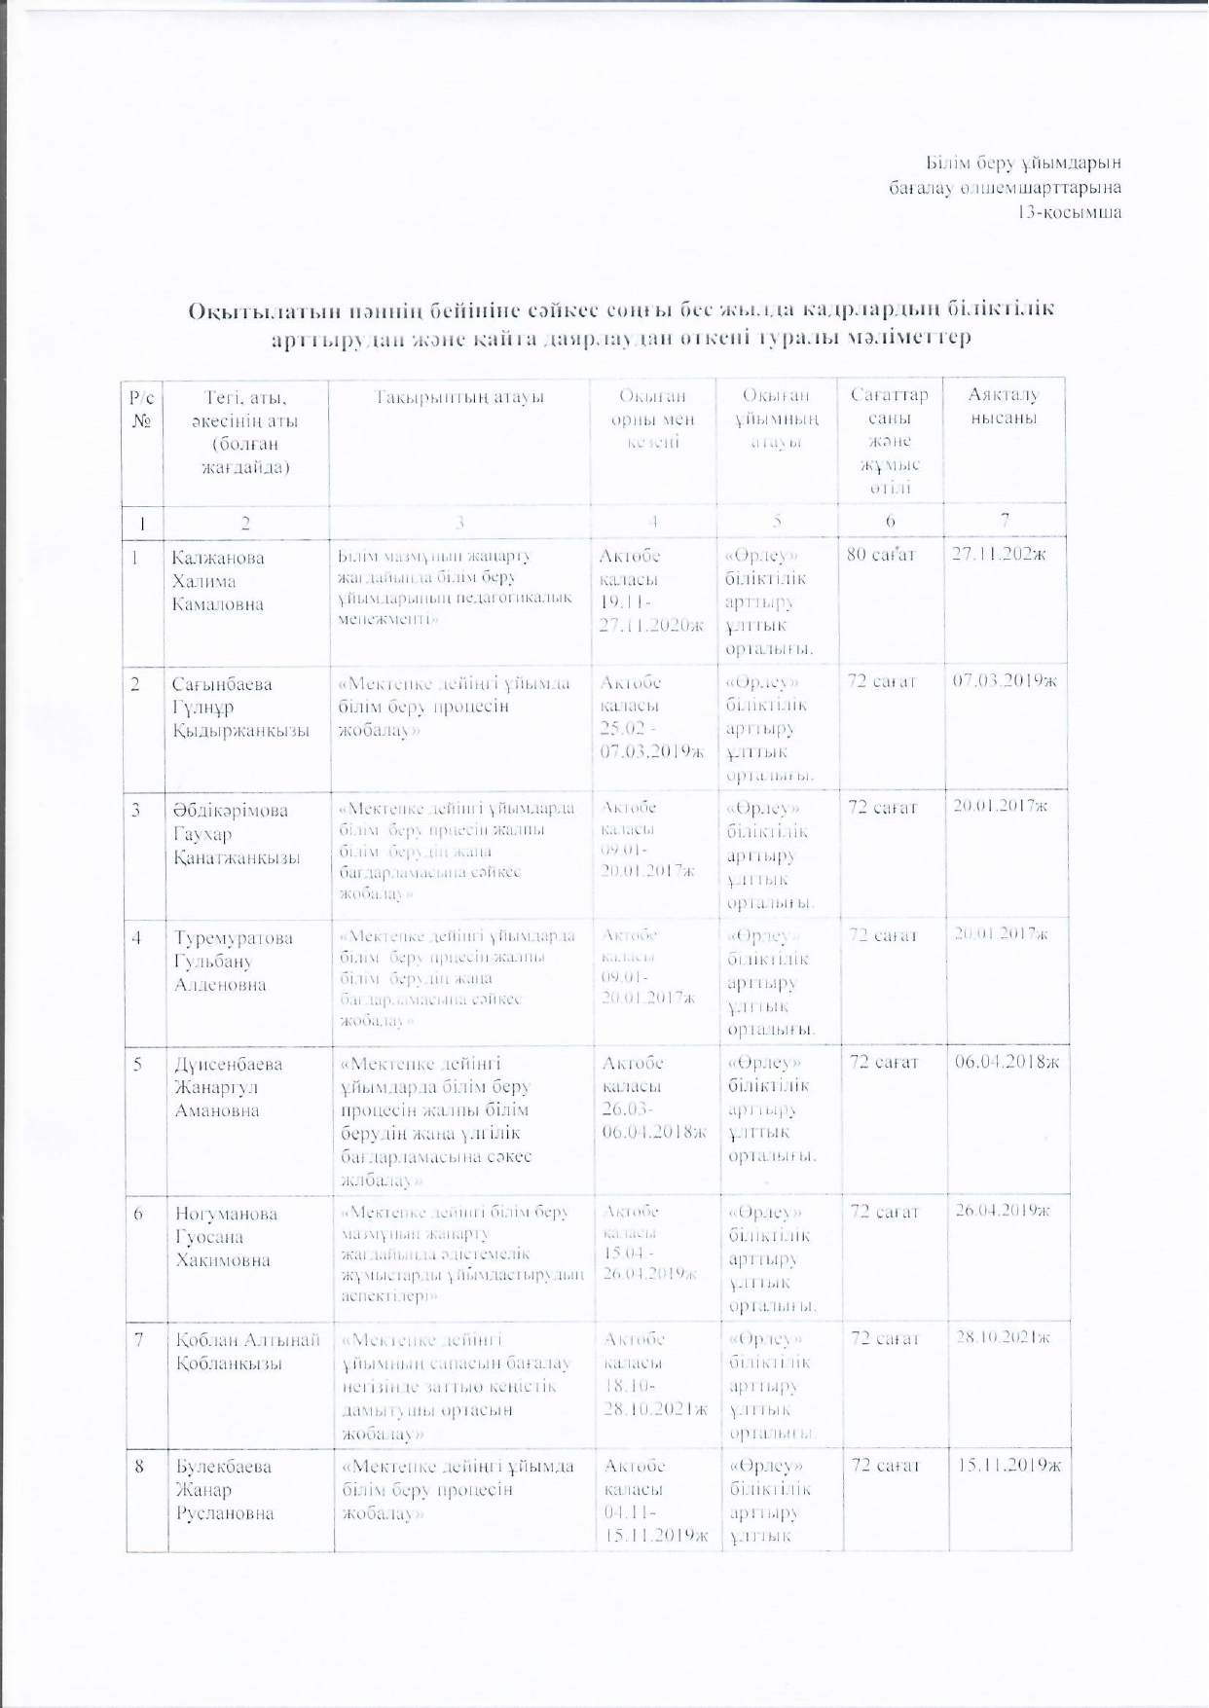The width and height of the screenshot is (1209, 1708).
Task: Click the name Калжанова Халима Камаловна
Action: click(x=218, y=581)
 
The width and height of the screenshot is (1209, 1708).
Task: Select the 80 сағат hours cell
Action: click(x=882, y=557)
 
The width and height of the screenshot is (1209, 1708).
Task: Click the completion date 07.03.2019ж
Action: click(x=1004, y=681)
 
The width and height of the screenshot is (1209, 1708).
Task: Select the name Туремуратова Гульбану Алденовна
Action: click(x=234, y=961)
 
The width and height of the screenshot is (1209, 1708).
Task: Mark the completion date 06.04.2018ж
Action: click(x=1007, y=1062)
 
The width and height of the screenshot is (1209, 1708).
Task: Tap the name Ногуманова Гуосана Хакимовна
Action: click(x=226, y=1237)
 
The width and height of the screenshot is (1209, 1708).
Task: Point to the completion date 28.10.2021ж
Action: click(x=1003, y=1337)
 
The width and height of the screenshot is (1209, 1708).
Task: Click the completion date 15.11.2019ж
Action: click(x=1008, y=1465)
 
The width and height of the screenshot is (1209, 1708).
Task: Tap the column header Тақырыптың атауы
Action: click(x=459, y=397)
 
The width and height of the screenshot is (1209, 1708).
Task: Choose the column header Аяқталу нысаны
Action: click(x=1004, y=407)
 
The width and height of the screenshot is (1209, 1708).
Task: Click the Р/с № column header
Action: click(x=142, y=410)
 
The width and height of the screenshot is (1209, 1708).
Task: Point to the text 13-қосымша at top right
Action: click(x=1069, y=212)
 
